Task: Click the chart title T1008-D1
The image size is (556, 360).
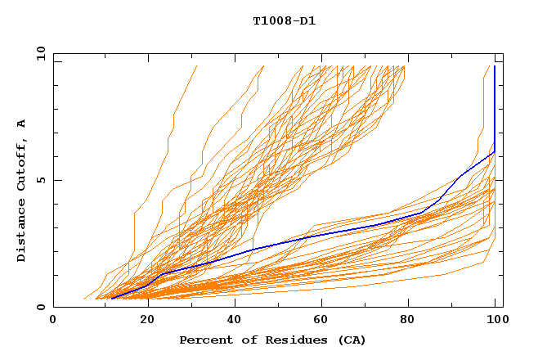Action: click(x=284, y=21)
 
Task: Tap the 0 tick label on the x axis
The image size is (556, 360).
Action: click(x=53, y=322)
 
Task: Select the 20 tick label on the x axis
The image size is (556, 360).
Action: click(x=142, y=322)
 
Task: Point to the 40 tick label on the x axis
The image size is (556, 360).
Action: click(x=231, y=322)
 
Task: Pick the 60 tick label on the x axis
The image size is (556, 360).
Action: click(x=319, y=322)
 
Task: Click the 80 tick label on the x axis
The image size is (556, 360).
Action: click(x=407, y=322)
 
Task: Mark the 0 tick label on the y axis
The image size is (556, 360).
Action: click(x=40, y=308)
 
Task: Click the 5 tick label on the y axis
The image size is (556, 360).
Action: click(x=40, y=181)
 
